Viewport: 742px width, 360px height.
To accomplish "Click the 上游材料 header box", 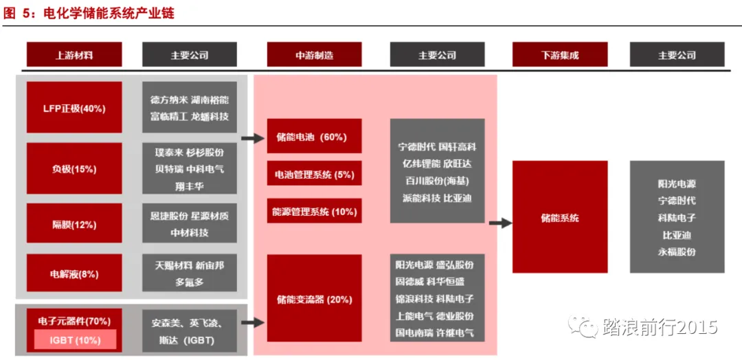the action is (x=74, y=55).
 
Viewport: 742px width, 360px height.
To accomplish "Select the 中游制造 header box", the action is (x=314, y=55).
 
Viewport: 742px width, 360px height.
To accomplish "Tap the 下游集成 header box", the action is (x=560, y=55).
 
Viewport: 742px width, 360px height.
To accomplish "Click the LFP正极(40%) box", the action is (x=74, y=108).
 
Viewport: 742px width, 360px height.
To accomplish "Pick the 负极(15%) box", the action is (x=74, y=168).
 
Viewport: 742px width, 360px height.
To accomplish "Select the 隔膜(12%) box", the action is (x=74, y=225).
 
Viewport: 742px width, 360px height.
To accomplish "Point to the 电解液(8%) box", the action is (x=74, y=274).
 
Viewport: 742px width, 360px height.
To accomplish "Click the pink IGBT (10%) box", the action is (x=75, y=339).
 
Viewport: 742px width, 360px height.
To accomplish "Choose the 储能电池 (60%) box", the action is (x=314, y=137).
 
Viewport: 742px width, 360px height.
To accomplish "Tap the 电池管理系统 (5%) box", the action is (x=314, y=175).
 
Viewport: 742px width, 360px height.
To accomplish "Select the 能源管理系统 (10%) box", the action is (x=314, y=212).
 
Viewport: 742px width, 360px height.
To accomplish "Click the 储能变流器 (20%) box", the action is (x=314, y=299).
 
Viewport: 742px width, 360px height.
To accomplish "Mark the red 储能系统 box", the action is (x=560, y=218).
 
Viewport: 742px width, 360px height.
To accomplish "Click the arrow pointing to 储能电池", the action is (x=254, y=138).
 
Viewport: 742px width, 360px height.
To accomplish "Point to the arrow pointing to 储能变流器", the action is (x=254, y=321).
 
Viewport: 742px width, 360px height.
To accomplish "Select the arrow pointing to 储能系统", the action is (x=501, y=223).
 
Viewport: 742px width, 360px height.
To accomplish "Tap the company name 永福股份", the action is (x=677, y=251).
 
